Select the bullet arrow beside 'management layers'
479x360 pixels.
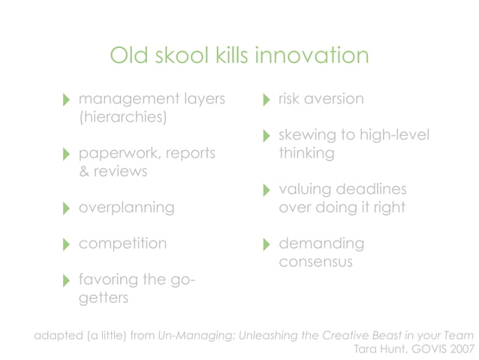tap(67, 100)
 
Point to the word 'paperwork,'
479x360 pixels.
tap(119, 153)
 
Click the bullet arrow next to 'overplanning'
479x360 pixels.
tap(67, 208)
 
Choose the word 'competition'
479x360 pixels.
tap(123, 244)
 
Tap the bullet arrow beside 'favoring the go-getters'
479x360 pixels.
tap(67, 281)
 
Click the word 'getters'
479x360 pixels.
tap(104, 298)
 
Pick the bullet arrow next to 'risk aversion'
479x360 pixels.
tap(267, 100)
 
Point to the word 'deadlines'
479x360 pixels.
tap(372, 189)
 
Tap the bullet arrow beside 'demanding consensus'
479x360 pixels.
tap(267, 245)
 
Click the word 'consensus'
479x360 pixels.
tap(315, 262)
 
